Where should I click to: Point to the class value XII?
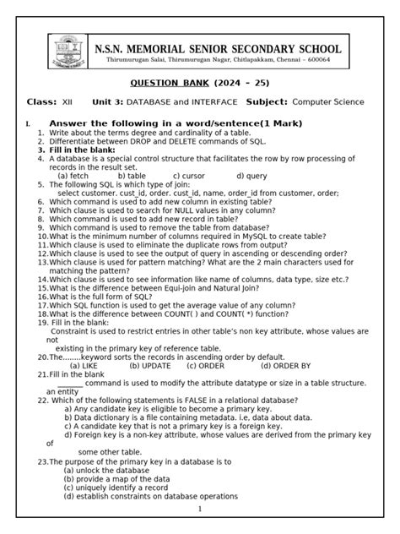coord(68,101)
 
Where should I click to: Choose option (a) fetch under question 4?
coord(75,176)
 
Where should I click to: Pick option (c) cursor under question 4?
coord(193,176)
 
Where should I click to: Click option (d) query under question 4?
coord(252,176)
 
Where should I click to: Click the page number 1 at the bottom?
coord(200,509)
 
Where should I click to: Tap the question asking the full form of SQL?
coord(114,297)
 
